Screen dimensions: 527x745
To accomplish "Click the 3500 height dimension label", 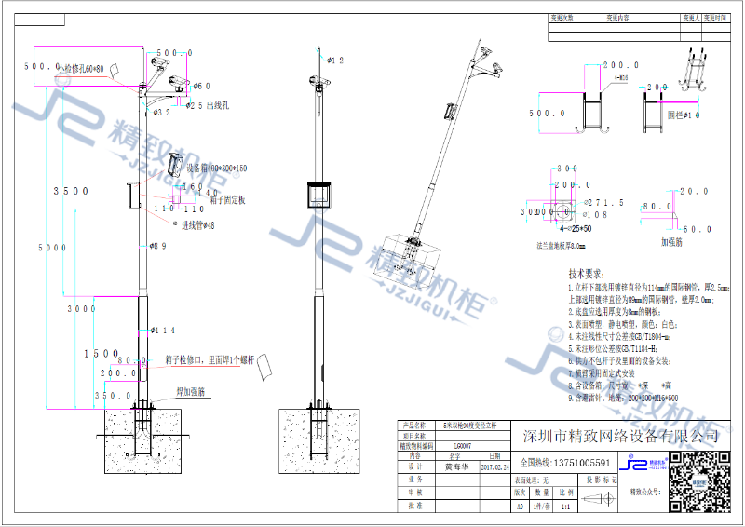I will (x=71, y=191).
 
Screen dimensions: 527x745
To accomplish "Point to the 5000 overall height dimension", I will (x=51, y=248).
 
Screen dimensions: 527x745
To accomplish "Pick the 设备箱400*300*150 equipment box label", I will (x=217, y=168).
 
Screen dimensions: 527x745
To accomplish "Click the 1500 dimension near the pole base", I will (x=101, y=354).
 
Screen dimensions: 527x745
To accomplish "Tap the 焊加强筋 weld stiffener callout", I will (x=191, y=393).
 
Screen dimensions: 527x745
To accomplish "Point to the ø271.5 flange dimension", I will (x=606, y=202).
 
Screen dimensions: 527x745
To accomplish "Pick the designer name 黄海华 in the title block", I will (x=454, y=469).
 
